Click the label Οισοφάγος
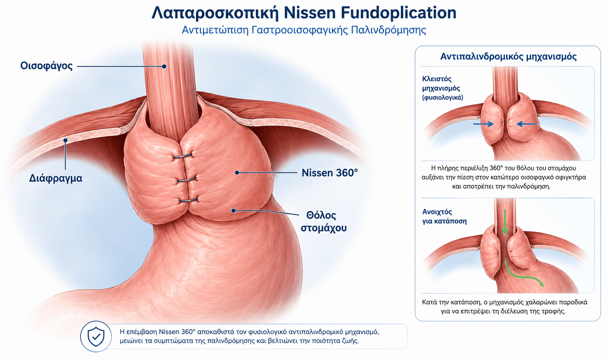[46, 66]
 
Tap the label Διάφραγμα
[56, 178]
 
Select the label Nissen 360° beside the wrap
[330, 173]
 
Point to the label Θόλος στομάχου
[323, 222]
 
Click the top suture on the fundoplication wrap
[182, 156]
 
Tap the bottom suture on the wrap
[189, 201]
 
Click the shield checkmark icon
[96, 336]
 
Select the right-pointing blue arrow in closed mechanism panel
[483, 124]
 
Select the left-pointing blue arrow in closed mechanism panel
[527, 124]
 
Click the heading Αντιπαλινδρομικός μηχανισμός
[508, 56]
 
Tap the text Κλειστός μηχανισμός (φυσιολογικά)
[442, 88]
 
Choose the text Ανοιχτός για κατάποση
[444, 216]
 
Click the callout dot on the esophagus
[164, 66]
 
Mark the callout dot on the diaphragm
[65, 140]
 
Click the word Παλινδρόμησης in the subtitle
[388, 30]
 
